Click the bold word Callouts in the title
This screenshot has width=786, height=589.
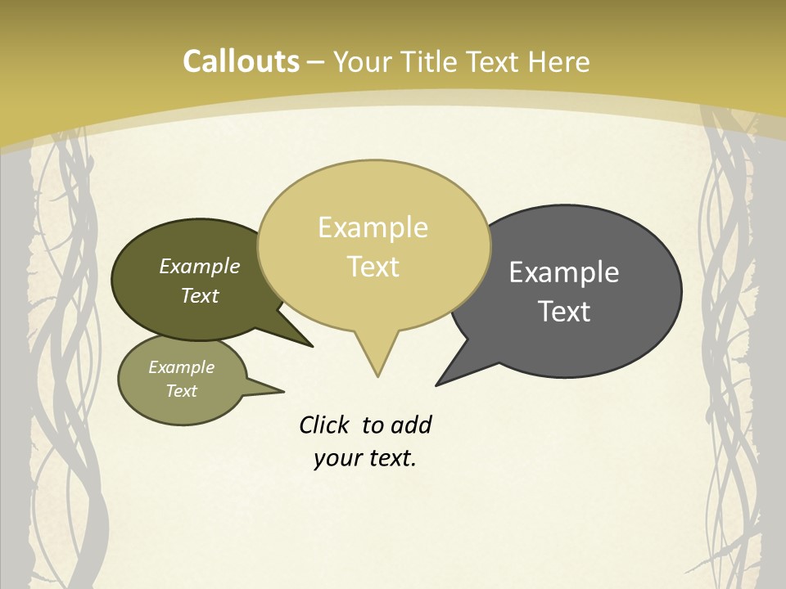click(241, 61)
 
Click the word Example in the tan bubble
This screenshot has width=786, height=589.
click(373, 227)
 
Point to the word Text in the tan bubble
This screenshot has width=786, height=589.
click(373, 266)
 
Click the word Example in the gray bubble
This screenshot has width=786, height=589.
click(564, 272)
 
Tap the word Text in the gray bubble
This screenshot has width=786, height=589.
click(564, 311)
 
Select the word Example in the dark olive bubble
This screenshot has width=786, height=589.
click(199, 266)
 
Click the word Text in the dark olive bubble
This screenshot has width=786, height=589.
click(199, 295)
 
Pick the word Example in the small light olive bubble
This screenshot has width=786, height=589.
click(181, 367)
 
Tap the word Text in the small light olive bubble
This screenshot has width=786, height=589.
click(181, 391)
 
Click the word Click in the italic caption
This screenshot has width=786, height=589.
click(325, 425)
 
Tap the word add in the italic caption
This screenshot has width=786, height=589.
click(410, 425)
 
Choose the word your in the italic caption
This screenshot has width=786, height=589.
click(337, 458)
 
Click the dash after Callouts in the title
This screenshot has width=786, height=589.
click(316, 61)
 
